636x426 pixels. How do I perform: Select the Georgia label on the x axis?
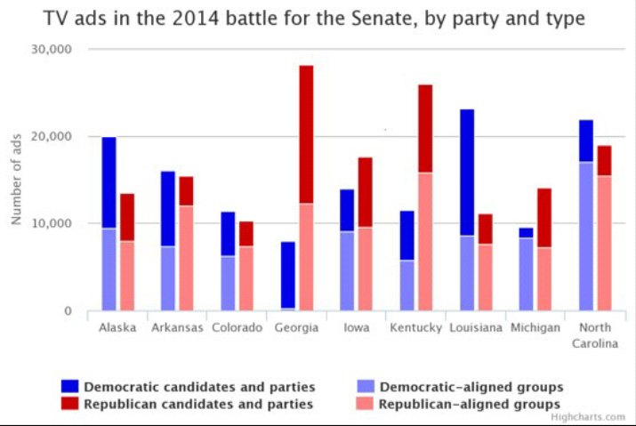point(297,327)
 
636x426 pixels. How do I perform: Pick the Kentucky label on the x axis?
point(415,327)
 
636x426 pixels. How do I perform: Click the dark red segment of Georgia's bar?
point(306,134)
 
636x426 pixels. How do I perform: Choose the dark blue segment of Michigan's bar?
point(527,233)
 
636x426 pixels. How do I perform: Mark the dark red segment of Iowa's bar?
point(366,192)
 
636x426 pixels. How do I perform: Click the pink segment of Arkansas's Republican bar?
point(186,258)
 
